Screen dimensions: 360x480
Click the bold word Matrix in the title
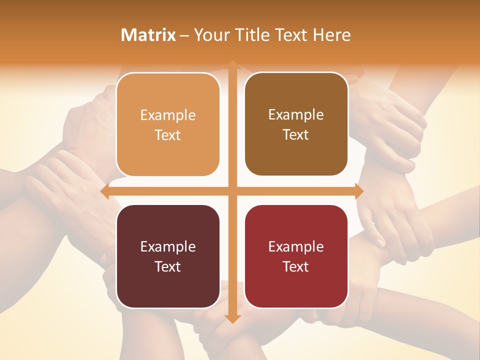pos(148,35)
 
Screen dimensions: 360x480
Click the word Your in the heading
pos(210,35)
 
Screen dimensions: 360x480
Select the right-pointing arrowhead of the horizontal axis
pos(358,191)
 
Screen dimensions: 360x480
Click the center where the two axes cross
pos(232,191)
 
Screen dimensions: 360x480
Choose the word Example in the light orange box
pos(168,115)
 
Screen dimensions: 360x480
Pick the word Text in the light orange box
pos(168,135)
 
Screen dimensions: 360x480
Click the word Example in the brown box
pos(296,115)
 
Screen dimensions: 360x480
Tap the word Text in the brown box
pos(296,134)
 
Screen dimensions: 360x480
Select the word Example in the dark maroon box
pos(168,247)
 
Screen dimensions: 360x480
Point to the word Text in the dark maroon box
pos(168,266)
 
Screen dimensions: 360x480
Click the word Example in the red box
pos(296,247)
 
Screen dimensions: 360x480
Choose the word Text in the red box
pos(296,266)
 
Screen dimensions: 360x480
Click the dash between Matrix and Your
pos(184,35)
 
